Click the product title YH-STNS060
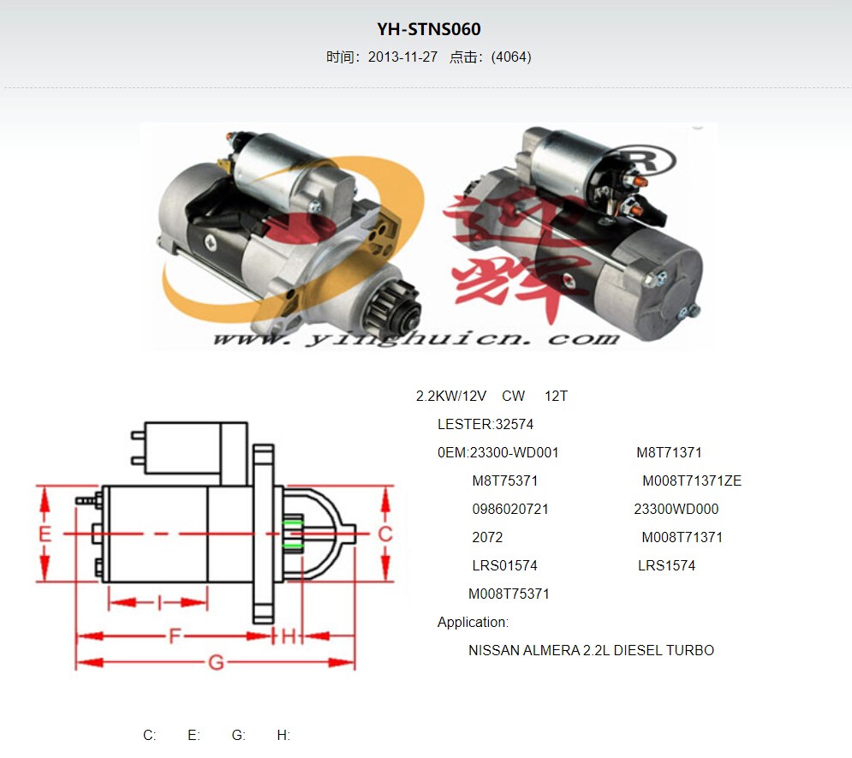click(x=429, y=29)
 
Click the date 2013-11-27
click(x=402, y=57)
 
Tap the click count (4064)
click(x=510, y=57)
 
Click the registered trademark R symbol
click(x=646, y=161)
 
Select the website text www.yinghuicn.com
click(x=416, y=339)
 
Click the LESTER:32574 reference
click(x=486, y=424)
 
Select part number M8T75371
click(x=505, y=480)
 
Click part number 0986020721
click(x=510, y=509)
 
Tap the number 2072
click(x=487, y=537)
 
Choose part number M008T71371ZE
click(x=692, y=480)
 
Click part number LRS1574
click(x=666, y=565)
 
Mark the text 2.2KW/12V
click(x=451, y=396)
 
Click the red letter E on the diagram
click(x=45, y=534)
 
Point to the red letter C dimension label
click(x=385, y=534)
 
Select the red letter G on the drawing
click(x=217, y=662)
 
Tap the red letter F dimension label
click(x=175, y=636)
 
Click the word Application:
click(x=473, y=622)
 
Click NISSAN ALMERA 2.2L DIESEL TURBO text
click(x=591, y=650)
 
